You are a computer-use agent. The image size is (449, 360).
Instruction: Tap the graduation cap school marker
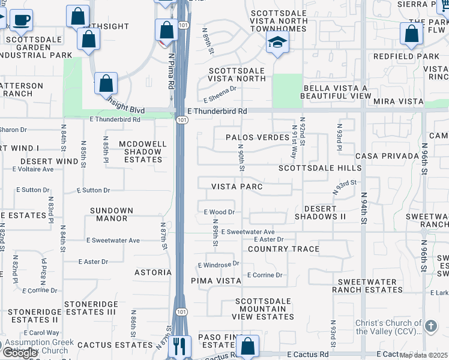[277, 41]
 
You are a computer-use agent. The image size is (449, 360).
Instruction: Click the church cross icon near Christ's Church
[430, 326]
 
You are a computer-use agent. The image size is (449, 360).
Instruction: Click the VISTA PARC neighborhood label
[237, 187]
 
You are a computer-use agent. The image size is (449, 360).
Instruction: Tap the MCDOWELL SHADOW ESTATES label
[141, 152]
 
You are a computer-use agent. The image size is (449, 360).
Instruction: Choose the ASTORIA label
[153, 272]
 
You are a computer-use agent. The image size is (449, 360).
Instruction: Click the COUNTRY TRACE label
[283, 249]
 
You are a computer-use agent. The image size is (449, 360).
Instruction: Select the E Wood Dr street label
[219, 212]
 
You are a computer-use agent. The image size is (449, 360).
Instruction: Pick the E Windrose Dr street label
[218, 264]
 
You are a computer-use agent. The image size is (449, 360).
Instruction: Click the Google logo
[20, 353]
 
